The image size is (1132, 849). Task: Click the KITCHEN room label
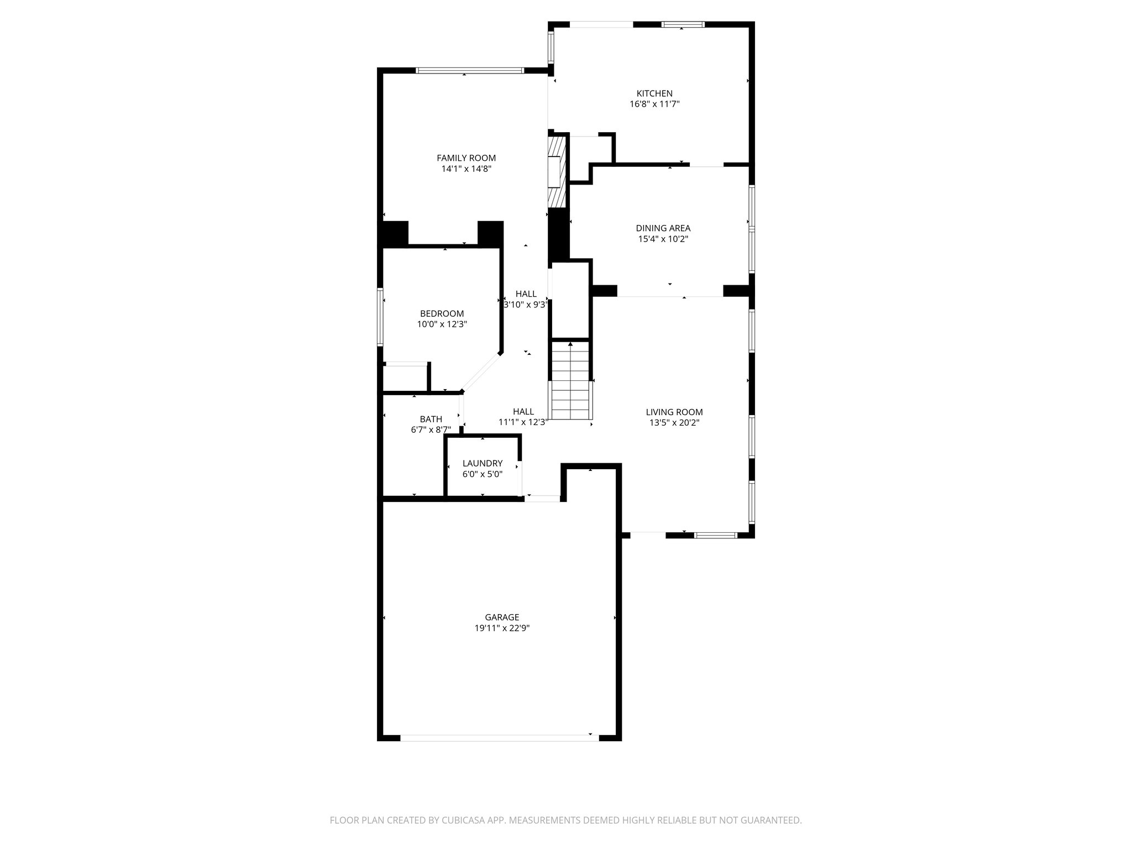click(654, 93)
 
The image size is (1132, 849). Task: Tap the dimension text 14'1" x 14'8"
click(466, 169)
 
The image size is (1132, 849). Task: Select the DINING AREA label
click(663, 228)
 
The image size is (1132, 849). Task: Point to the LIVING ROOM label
click(674, 412)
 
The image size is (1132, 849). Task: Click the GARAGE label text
click(502, 617)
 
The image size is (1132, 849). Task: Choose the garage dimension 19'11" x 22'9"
click(502, 628)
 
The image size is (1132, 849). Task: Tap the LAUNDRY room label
click(482, 463)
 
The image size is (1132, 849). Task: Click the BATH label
click(431, 419)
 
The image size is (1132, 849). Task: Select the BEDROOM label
click(442, 313)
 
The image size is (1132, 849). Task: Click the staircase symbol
click(570, 381)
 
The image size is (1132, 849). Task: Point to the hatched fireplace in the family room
click(557, 171)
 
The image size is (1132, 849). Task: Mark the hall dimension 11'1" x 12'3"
click(522, 422)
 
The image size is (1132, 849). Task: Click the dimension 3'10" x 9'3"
click(525, 305)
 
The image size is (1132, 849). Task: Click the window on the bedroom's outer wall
click(380, 317)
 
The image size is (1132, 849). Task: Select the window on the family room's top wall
click(469, 71)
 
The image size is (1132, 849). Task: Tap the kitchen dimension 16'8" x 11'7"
click(654, 104)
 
